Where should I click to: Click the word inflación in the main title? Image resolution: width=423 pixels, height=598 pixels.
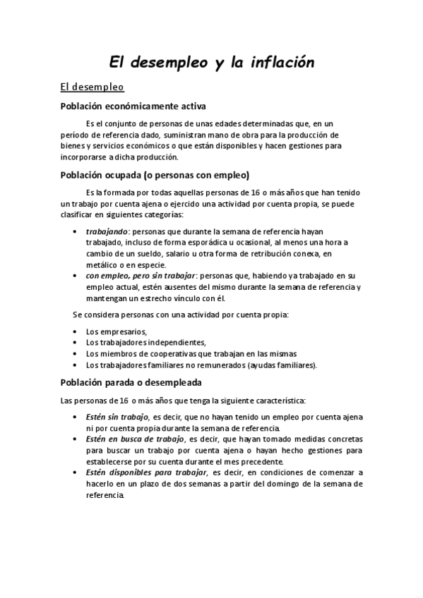275,63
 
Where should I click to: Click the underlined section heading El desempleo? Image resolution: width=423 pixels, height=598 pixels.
92,87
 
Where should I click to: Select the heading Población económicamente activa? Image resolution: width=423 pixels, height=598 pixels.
133,106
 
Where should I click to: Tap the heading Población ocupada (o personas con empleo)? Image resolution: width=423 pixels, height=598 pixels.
155,176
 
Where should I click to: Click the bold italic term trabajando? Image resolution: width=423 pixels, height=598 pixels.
107,231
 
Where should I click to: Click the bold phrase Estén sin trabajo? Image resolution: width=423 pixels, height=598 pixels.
117,417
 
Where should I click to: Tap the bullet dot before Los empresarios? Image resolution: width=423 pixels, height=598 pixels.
76,331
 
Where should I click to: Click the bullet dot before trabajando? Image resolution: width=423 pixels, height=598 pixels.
76,231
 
